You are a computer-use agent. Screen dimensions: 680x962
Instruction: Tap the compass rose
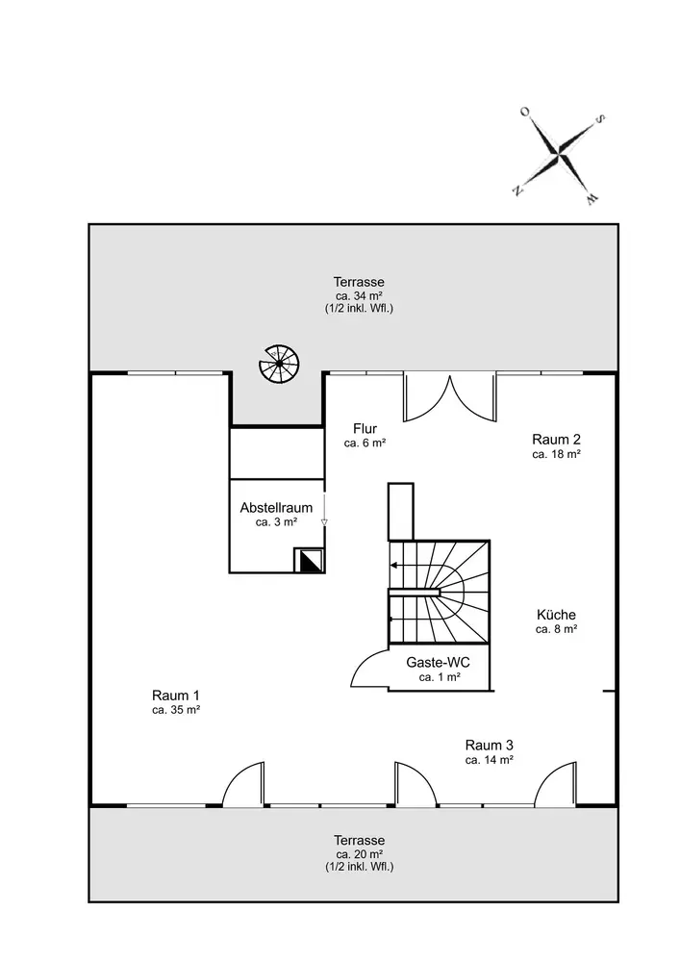pyautogui.click(x=559, y=153)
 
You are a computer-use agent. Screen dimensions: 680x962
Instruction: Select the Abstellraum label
pyautogui.click(x=276, y=508)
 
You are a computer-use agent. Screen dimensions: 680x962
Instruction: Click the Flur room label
pyautogui.click(x=365, y=429)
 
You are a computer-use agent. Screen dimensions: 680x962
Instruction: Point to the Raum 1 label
pyautogui.click(x=176, y=696)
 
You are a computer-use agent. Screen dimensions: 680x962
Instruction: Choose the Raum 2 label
pyautogui.click(x=556, y=439)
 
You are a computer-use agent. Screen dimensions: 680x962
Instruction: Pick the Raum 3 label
pyautogui.click(x=489, y=745)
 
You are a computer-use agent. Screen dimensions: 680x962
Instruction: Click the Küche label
pyautogui.click(x=556, y=615)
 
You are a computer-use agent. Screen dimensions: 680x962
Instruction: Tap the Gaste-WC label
pyautogui.click(x=440, y=664)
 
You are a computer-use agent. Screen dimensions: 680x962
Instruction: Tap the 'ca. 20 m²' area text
pyautogui.click(x=359, y=853)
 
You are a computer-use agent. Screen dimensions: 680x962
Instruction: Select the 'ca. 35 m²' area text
pyautogui.click(x=176, y=710)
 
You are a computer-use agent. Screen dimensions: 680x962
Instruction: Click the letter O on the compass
pyautogui.click(x=524, y=113)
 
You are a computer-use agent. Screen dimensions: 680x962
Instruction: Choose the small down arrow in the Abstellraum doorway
pyautogui.click(x=325, y=521)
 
